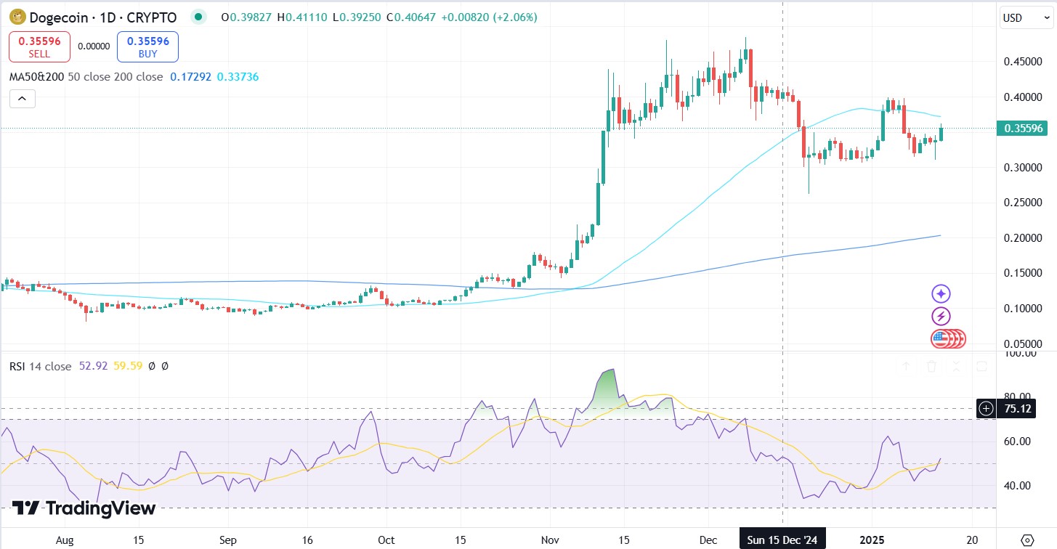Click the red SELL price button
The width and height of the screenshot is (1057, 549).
(x=39, y=46)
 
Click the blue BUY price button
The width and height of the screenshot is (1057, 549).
(x=147, y=46)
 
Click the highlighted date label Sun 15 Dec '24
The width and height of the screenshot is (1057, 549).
(x=782, y=540)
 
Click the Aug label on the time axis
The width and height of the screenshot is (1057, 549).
(x=65, y=540)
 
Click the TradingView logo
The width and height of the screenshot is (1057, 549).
(x=84, y=508)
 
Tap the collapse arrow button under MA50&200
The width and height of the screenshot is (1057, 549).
(x=22, y=99)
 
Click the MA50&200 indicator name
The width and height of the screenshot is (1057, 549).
(x=36, y=76)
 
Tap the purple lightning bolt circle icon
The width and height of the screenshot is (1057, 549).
(x=941, y=316)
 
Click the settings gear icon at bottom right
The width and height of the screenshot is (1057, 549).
(x=1026, y=540)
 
